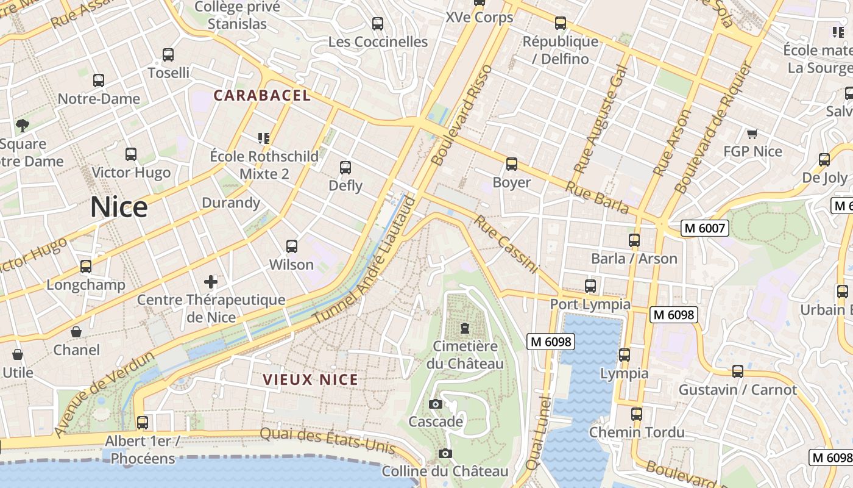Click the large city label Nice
coord(119,207)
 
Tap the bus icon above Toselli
coord(168,55)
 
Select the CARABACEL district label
coord(262,96)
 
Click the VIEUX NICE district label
coord(311,379)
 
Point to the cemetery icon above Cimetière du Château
coord(465,328)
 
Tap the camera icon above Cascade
coord(435,404)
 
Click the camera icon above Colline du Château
coord(445,453)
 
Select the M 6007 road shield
coord(704,229)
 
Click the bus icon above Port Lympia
coord(590,285)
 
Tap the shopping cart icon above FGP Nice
coord(752,133)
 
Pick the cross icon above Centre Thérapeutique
coord(211,282)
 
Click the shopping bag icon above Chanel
coord(76,332)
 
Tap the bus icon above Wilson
coord(292,246)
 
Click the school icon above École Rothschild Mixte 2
coord(264,138)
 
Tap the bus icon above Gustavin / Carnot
coord(738,371)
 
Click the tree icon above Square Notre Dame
coord(23,126)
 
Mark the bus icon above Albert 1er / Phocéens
coord(143,422)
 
